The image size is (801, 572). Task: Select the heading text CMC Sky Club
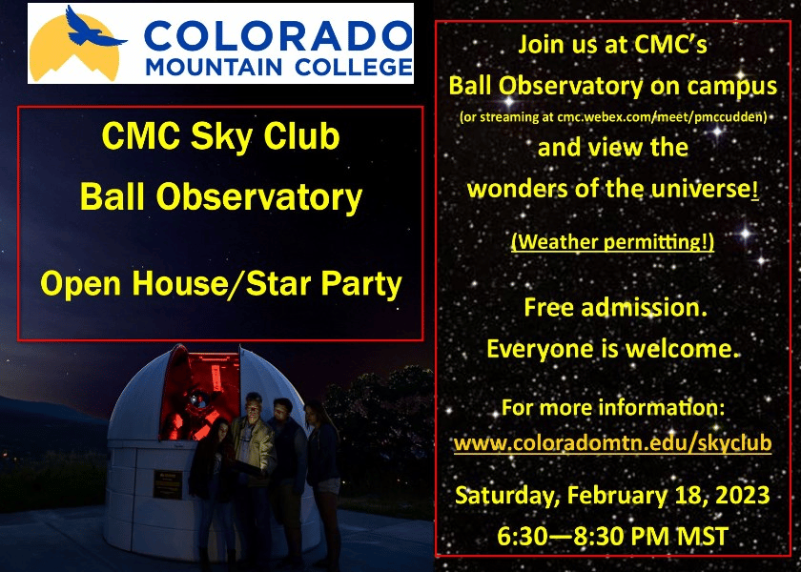(220, 136)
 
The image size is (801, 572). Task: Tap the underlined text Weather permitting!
(612, 242)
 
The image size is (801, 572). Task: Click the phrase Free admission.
(612, 308)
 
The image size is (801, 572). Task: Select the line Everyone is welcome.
(612, 348)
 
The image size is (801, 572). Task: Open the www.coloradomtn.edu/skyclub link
(612, 443)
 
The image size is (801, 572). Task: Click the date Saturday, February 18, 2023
(612, 496)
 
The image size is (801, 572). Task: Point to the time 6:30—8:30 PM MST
(612, 536)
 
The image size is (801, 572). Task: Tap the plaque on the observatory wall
(167, 481)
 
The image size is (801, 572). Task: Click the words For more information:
(612, 408)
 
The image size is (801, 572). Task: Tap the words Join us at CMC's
(612, 44)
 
